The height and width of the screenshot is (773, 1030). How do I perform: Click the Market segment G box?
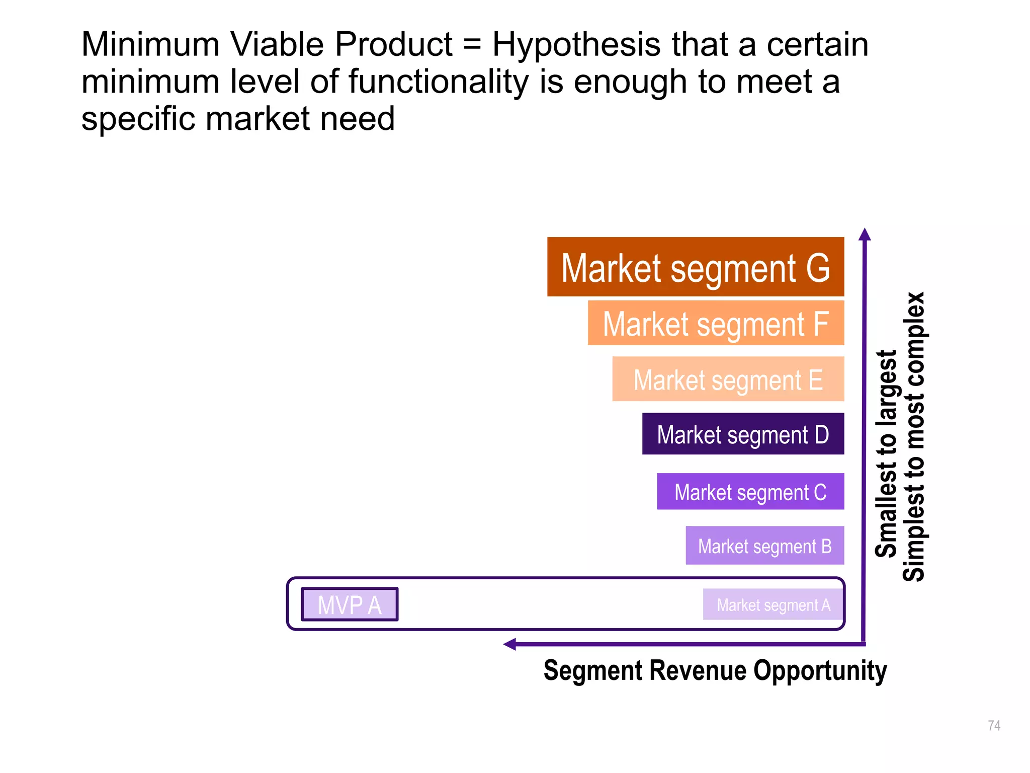coord(695,267)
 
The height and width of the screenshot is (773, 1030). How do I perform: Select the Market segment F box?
coord(715,323)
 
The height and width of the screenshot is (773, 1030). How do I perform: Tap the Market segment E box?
coord(727,379)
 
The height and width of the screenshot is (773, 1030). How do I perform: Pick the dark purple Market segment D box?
coord(742,434)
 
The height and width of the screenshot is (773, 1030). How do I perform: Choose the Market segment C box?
coord(750,491)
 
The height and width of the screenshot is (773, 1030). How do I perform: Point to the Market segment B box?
coord(764,546)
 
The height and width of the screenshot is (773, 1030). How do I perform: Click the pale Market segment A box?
coord(772,604)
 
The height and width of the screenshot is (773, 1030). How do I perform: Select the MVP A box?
coord(350,604)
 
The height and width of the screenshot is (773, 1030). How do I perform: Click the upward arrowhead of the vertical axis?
coord(864,235)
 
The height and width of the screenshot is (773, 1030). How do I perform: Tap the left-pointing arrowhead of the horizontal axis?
coord(510,644)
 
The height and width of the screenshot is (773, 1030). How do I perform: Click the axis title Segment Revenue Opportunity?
coord(715,671)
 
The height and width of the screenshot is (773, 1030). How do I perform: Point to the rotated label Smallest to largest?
coord(886,453)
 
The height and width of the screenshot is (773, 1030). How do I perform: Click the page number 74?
coord(994,725)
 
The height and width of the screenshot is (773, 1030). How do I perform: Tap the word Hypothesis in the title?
coord(575,45)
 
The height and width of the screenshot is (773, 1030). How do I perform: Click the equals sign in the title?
coord(472,45)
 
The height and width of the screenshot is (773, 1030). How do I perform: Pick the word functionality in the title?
coord(439,82)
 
